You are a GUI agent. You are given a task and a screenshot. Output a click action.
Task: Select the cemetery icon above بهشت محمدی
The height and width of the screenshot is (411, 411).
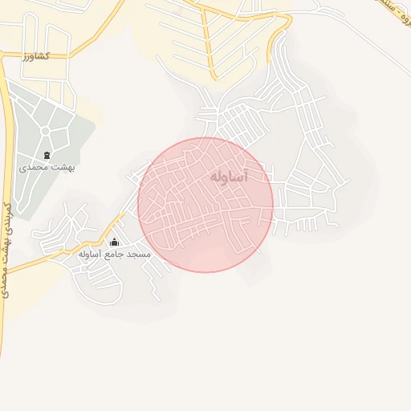(x=46, y=155)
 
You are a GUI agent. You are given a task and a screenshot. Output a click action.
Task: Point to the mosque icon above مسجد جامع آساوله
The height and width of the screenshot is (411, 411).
(x=114, y=242)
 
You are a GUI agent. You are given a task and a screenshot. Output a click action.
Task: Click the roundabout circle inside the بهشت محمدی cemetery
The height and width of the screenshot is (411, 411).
(x=45, y=130)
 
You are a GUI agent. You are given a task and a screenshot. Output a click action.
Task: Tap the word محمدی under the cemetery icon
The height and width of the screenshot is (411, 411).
(x=30, y=168)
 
